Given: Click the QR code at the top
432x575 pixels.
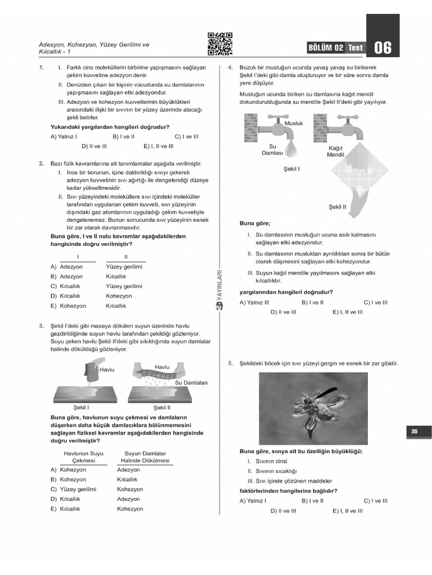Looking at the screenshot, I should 220,44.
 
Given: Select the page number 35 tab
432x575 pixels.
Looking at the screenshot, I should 414,431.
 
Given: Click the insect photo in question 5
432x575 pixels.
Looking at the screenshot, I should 313,408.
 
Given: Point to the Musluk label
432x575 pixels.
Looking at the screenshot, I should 294,123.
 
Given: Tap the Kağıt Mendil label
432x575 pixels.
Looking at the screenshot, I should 335,151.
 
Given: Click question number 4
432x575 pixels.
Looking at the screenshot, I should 230,67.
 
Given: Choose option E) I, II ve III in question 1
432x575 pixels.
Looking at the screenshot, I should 158,146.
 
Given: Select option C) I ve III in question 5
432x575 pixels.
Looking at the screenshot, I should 375,500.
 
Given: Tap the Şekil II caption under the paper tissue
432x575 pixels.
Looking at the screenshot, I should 337,207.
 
